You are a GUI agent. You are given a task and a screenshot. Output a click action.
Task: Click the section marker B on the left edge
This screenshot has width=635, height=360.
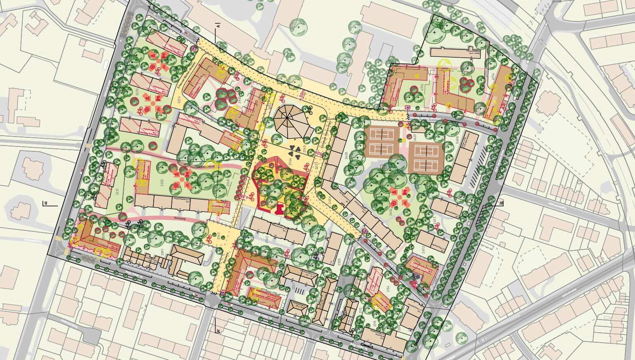point(46,203)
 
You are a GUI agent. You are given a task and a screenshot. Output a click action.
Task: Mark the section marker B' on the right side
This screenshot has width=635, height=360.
point(501,203)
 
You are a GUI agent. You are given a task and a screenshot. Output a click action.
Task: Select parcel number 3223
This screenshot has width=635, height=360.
point(137,92)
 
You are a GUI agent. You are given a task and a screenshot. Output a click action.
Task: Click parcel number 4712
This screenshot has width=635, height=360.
point(422,88)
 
